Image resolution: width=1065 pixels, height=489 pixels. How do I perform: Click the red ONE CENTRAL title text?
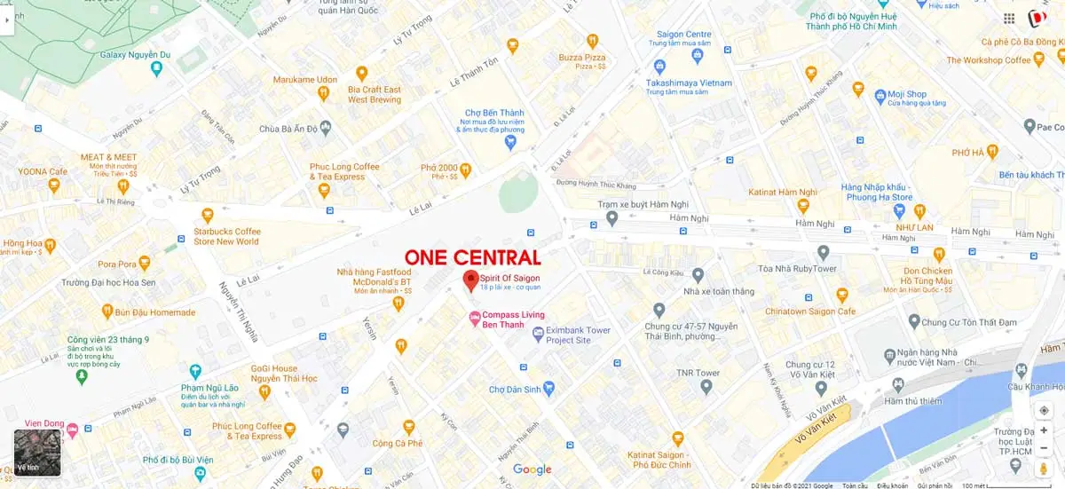point(473,258)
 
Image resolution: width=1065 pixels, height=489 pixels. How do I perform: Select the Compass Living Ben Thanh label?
point(513,319)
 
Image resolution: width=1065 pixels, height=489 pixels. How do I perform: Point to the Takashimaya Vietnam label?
point(689,83)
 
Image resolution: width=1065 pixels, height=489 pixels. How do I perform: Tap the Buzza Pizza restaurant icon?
point(592,41)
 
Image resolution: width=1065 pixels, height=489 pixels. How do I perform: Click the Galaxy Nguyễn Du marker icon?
point(156,68)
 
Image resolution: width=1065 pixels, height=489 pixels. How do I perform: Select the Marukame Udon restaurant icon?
point(361,73)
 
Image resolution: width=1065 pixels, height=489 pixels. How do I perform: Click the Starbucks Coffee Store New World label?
point(226,236)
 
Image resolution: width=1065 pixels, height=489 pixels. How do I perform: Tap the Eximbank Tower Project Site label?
point(578,335)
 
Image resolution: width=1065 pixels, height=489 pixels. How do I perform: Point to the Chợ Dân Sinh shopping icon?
point(548,388)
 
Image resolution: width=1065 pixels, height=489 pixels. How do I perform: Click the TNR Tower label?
point(698,373)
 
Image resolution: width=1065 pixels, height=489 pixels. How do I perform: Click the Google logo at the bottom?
point(532,469)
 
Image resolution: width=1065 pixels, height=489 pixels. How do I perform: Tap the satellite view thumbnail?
point(37,453)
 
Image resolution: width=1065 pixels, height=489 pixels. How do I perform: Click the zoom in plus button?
point(1044,430)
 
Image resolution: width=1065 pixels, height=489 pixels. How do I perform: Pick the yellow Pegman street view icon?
point(1044,468)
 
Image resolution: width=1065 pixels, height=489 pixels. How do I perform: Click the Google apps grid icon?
point(1009,19)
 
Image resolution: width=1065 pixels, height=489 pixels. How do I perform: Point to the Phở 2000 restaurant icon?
point(465,170)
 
